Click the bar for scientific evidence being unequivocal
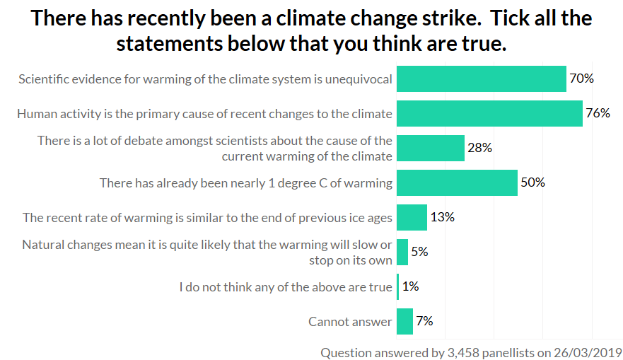click(481, 79)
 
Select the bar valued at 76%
click(489, 113)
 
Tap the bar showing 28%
click(430, 148)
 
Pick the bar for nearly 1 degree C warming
click(457, 182)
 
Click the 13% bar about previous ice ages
click(412, 217)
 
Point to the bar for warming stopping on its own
click(402, 252)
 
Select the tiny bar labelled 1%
click(398, 286)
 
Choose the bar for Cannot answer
click(404, 321)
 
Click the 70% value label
click(581, 79)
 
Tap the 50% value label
click(532, 182)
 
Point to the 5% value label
click(419, 252)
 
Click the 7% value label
click(424, 321)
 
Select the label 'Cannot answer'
click(350, 322)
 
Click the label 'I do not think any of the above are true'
click(285, 287)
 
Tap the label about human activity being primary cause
click(204, 114)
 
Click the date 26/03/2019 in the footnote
click(588, 352)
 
